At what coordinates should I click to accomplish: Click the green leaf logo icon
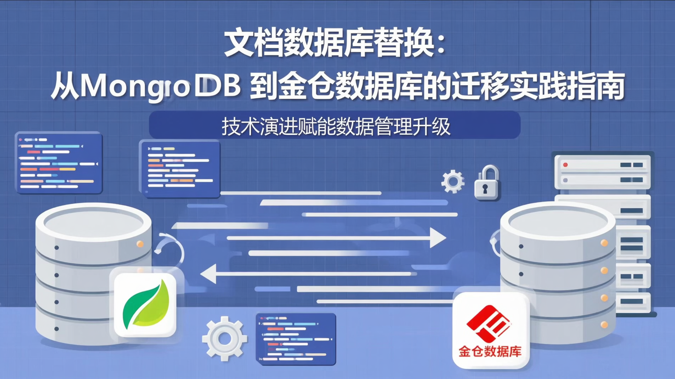click(145, 304)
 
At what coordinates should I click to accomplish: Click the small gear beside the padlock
click(453, 181)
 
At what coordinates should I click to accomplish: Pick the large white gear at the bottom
click(225, 338)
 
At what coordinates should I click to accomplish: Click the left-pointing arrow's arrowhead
click(209, 274)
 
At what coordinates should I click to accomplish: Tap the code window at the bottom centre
click(295, 338)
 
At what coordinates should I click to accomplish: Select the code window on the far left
click(59, 162)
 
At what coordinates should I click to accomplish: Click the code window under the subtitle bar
click(180, 168)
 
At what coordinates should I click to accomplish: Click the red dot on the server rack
click(565, 165)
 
